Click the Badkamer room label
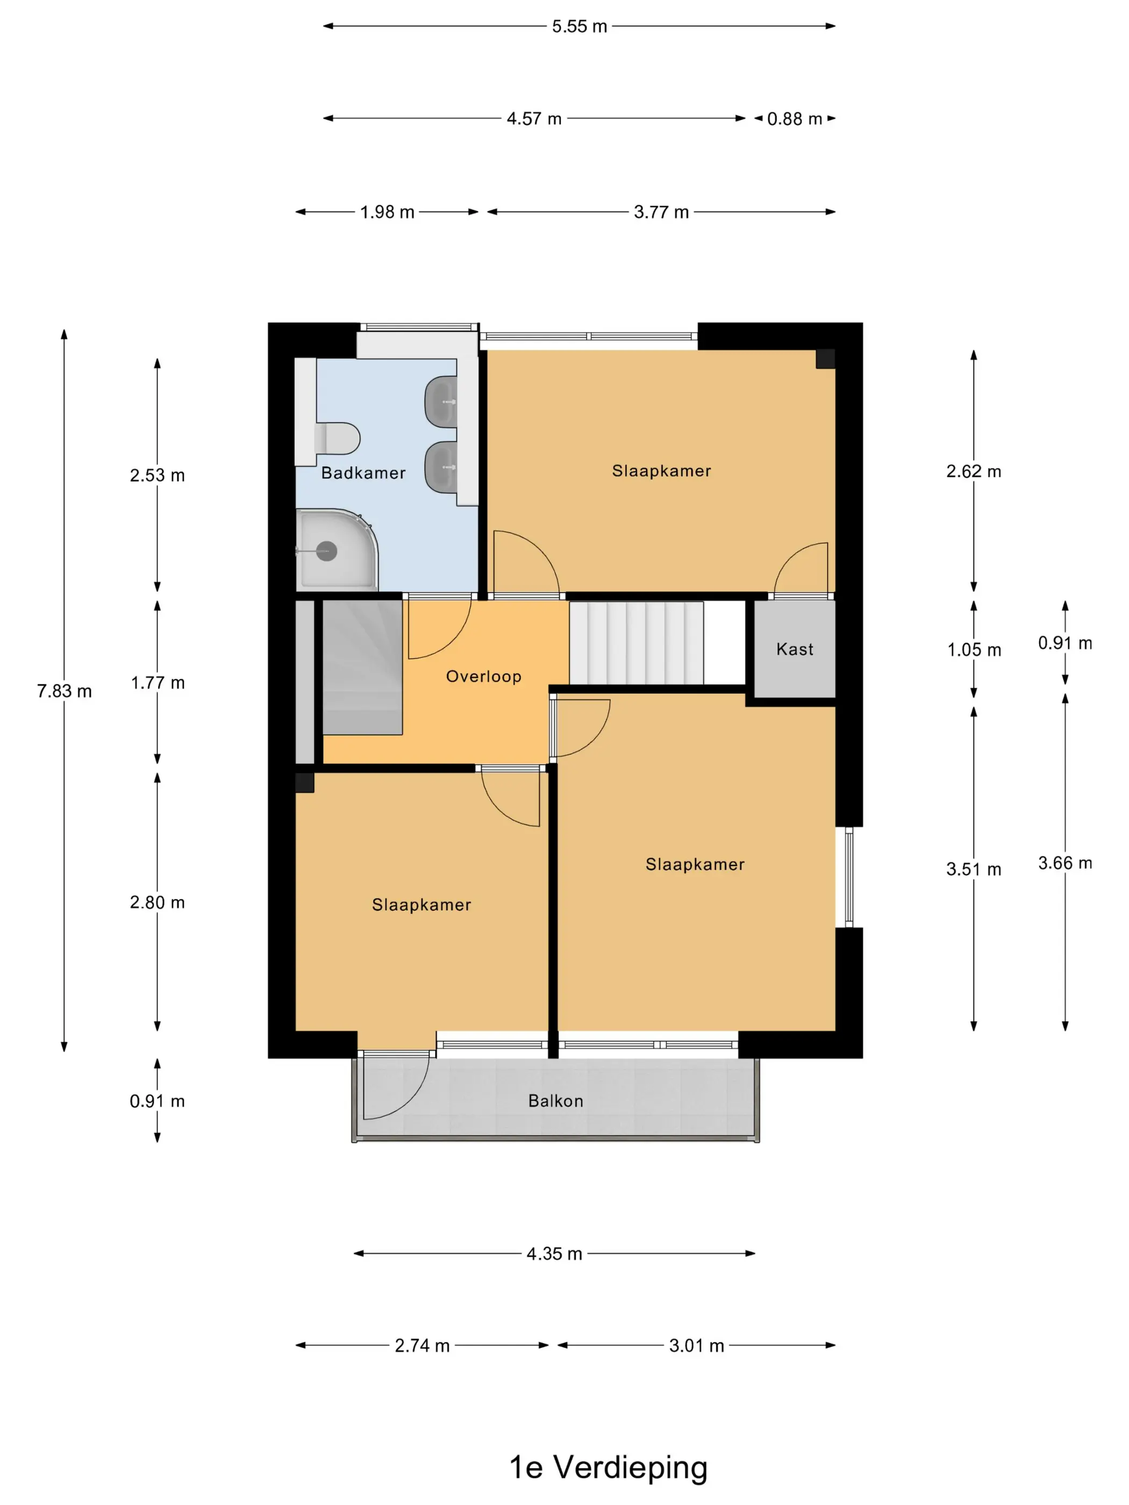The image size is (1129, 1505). click(363, 473)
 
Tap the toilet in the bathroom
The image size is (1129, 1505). click(337, 438)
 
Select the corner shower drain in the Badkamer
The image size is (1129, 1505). click(327, 550)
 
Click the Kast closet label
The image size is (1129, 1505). click(794, 649)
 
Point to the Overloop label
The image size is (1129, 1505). click(483, 676)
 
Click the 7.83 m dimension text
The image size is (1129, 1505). click(64, 691)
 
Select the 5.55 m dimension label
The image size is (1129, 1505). click(579, 26)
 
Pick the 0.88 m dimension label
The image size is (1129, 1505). click(794, 119)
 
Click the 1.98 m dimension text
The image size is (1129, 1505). click(387, 212)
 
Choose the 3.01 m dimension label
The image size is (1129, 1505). click(696, 1346)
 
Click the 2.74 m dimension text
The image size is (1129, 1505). click(422, 1346)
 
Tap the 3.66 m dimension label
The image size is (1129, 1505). click(1065, 863)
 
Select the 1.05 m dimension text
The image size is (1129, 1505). click(974, 650)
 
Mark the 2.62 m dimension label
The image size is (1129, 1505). click(974, 471)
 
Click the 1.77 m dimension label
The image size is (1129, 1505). click(157, 683)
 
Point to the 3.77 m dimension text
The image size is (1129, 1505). click(661, 212)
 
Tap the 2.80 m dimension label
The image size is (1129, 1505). click(157, 903)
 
